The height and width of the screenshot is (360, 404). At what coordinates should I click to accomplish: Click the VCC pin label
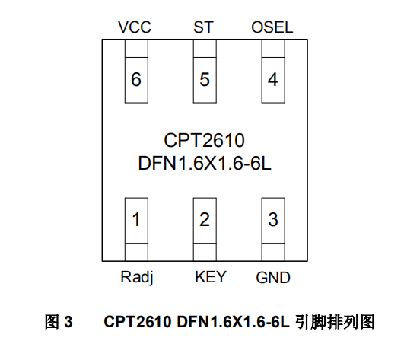point(135,28)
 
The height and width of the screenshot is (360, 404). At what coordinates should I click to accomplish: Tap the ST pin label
point(203,28)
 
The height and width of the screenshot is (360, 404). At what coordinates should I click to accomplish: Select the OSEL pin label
point(272,28)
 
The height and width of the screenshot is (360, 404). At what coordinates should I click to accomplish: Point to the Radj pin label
point(137,277)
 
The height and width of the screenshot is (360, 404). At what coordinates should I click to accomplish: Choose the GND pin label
point(272,277)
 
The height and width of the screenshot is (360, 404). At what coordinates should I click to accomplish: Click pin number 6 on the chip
point(135,79)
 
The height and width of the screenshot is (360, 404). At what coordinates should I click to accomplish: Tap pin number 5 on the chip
point(204,79)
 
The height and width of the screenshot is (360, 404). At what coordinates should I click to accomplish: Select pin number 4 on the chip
point(272,79)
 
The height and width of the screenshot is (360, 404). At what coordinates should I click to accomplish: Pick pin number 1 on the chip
point(135,221)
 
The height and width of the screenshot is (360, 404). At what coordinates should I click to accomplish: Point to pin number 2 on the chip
point(204,221)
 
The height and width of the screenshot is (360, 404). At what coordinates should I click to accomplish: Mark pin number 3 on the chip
point(272,221)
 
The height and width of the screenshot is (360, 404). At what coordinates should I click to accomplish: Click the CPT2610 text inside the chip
point(204,140)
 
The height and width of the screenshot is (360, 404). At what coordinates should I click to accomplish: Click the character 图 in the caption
point(52,323)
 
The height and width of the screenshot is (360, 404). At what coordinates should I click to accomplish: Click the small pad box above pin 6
point(135,49)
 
